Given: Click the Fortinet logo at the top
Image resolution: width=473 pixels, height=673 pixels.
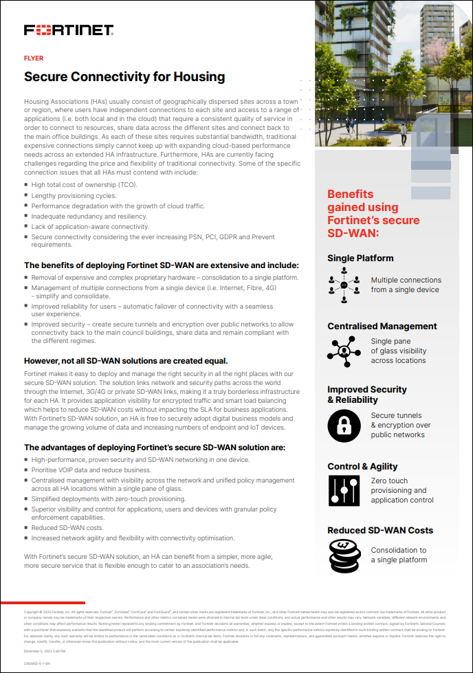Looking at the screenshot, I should point(69,30).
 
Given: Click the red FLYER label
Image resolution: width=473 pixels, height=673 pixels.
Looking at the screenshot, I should point(34,58).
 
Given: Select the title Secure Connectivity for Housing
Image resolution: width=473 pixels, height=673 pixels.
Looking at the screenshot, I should point(124,76).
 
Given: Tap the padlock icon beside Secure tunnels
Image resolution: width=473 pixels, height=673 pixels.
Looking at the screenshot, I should point(344,425).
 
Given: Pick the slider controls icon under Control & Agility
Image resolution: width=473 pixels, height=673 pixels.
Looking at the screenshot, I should point(344,491).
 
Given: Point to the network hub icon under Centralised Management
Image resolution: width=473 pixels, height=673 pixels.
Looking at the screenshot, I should point(344,351).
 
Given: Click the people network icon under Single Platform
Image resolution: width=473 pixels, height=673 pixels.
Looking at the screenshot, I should point(344,285).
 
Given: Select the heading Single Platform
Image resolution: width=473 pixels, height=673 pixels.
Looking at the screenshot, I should point(360,258).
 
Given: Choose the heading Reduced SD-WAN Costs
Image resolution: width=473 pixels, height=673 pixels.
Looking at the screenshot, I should point(380,530).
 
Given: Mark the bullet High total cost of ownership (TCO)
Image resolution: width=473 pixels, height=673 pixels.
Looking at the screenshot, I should point(85,185).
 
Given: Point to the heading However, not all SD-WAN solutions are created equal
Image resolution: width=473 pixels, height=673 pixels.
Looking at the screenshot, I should point(126,360).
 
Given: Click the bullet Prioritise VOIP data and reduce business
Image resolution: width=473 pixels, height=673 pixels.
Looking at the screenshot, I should point(91,470).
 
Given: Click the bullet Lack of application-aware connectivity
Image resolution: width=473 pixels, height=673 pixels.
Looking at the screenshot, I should point(90,226).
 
